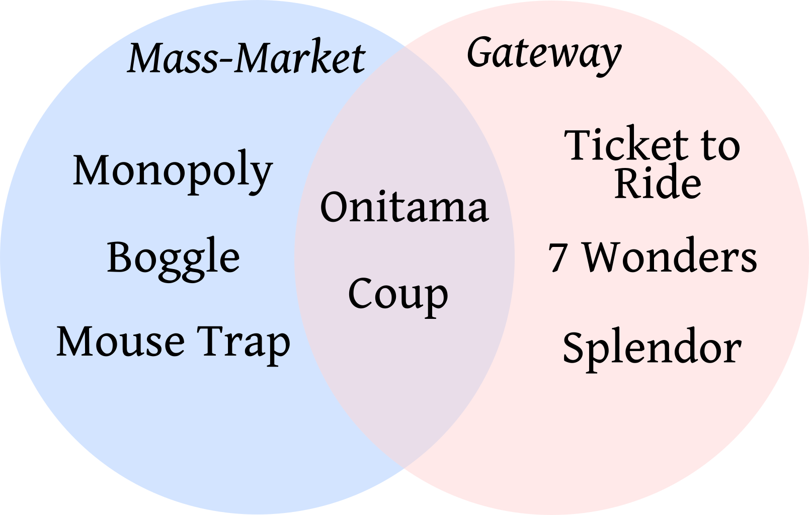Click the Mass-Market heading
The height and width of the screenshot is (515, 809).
[247, 58]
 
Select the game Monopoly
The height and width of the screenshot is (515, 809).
[173, 171]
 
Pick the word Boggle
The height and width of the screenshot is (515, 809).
[173, 257]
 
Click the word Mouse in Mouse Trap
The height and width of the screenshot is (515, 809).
[120, 342]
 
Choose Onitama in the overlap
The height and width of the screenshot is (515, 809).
[405, 207]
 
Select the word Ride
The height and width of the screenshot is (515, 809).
[658, 183]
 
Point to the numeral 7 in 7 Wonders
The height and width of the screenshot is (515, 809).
[557, 257]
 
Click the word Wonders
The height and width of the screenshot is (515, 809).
[670, 257]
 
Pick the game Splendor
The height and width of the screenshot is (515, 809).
[652, 348]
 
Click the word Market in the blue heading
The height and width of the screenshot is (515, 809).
[300, 58]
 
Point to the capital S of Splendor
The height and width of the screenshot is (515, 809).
[574, 347]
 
